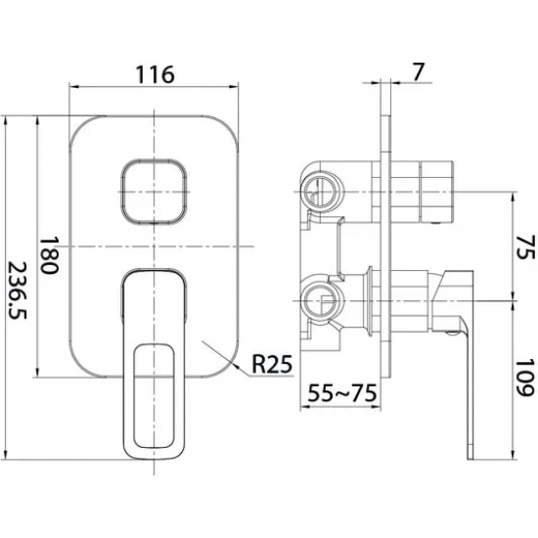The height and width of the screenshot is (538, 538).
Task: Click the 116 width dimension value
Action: [x=156, y=74]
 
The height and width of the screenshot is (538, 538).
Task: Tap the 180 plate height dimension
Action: [x=49, y=254]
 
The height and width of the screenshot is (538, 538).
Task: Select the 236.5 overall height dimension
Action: [x=17, y=291]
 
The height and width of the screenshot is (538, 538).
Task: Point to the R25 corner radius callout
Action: [x=272, y=364]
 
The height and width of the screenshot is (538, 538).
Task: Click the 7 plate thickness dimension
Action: [x=418, y=72]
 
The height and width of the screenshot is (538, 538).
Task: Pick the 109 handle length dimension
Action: [x=525, y=378]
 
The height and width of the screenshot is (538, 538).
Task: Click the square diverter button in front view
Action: [x=154, y=192]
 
